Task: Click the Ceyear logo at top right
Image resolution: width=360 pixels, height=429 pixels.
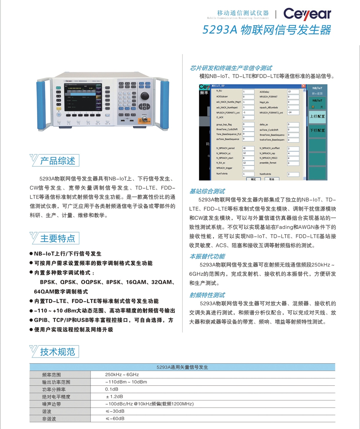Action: [307, 14]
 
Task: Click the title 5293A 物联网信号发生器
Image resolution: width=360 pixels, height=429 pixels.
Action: [266, 30]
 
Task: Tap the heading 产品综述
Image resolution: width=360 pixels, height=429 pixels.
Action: [58, 161]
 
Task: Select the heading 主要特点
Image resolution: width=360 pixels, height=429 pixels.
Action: [58, 238]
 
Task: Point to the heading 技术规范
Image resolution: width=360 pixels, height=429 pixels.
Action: [58, 352]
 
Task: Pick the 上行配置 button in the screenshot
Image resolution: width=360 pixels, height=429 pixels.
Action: [317, 117]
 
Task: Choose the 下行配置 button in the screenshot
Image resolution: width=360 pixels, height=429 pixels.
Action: [317, 130]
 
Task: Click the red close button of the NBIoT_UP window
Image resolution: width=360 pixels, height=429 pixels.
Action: [303, 86]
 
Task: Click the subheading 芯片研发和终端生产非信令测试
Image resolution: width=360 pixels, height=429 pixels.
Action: [231, 68]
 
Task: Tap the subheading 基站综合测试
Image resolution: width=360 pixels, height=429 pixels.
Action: [207, 191]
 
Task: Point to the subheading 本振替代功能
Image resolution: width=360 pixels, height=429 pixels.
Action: [207, 256]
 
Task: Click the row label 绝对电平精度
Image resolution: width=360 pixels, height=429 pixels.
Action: [56, 397]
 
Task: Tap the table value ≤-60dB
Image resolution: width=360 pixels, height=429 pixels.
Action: [115, 419]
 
